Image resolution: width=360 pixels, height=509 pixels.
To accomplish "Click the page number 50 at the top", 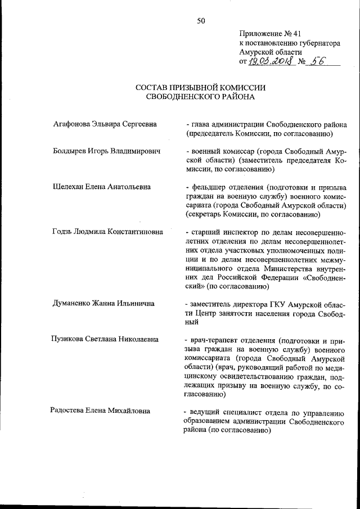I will pos(201,21).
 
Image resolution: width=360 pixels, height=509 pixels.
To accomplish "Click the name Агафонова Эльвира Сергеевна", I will pos(104,124).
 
